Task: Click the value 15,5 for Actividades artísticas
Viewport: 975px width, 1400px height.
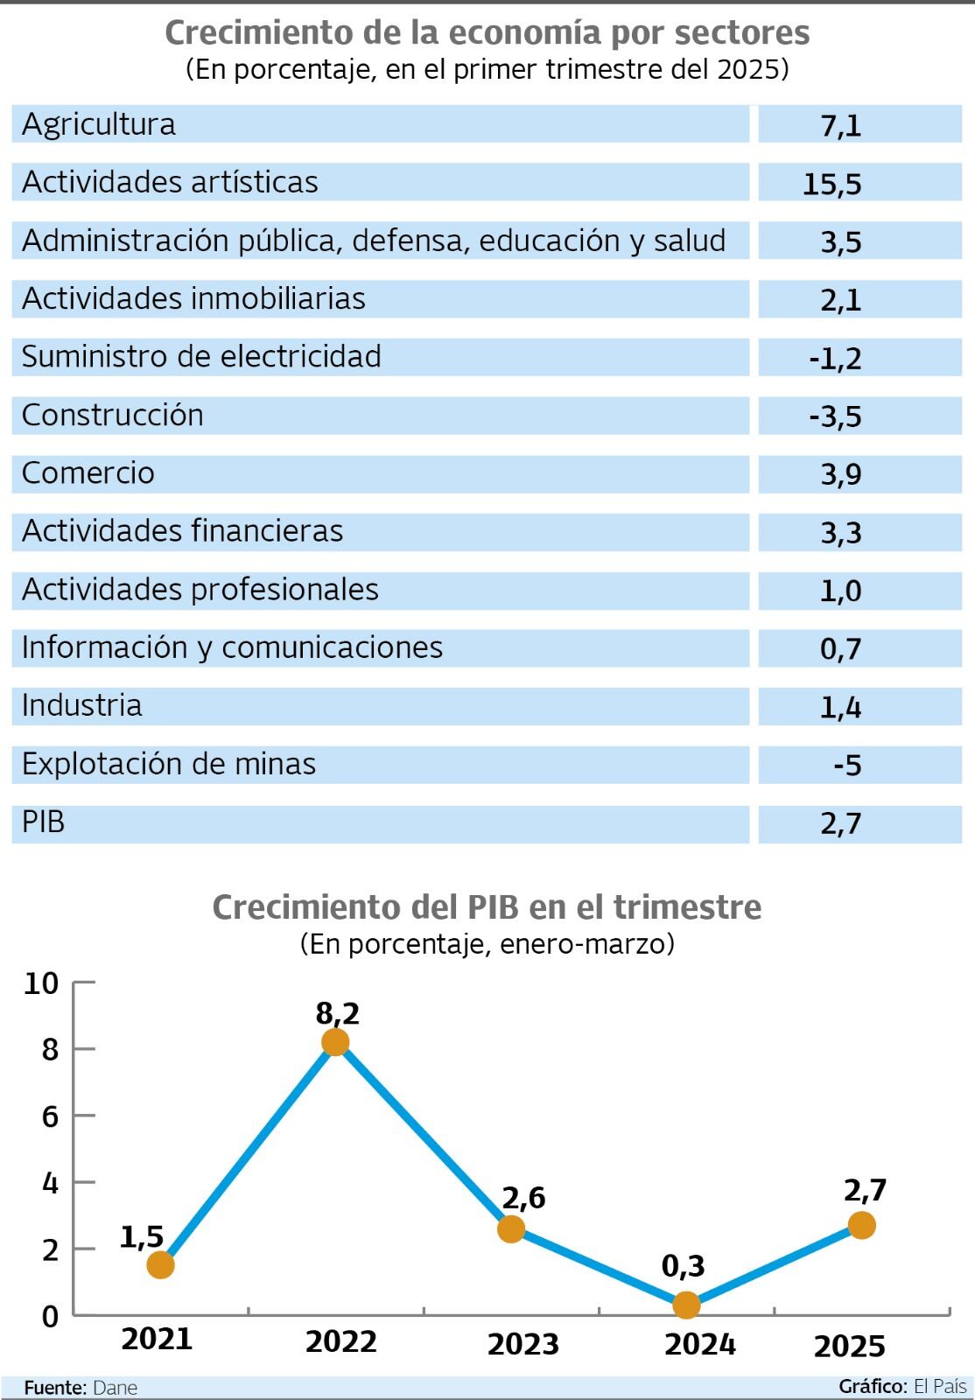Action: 831,184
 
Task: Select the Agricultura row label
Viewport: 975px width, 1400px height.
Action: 99,124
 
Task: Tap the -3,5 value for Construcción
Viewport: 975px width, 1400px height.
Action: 836,416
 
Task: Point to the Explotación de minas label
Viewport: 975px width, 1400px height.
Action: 168,764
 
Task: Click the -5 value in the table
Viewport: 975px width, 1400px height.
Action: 847,766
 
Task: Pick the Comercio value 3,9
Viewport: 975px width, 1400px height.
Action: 840,474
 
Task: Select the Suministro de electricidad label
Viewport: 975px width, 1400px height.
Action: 201,357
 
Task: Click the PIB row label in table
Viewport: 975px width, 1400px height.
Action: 43,822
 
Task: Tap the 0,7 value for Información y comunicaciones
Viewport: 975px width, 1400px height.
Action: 840,649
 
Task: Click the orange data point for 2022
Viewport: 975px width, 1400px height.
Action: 335,1041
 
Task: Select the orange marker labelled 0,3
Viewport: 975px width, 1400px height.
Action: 686,1305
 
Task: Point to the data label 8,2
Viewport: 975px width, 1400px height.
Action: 338,1013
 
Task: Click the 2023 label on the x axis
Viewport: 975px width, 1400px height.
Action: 523,1344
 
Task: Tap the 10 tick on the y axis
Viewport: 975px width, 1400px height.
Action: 42,983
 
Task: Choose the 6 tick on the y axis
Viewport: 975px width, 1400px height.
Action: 50,1116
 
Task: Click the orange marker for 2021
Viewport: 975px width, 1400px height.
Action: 160,1264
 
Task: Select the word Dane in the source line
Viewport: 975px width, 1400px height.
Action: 115,1388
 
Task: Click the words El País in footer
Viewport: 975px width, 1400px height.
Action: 940,1386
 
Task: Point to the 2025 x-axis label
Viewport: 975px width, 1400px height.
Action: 849,1346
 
